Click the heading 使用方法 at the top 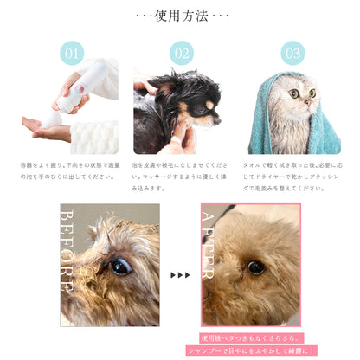click(x=181, y=16)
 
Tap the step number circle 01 click(x=72, y=54)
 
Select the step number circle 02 click(x=182, y=54)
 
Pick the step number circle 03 click(x=292, y=54)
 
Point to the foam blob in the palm click(x=53, y=119)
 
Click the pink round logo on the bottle click(x=79, y=88)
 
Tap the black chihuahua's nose click(x=217, y=121)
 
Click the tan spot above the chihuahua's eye click(x=209, y=106)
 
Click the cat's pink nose click(x=307, y=101)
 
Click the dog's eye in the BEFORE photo click(x=121, y=266)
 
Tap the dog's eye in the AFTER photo click(x=256, y=267)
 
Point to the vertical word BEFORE click(x=67, y=250)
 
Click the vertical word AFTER click(x=209, y=245)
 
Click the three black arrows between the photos click(x=180, y=275)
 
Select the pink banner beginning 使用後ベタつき click(x=251, y=338)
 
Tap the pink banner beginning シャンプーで click(x=251, y=350)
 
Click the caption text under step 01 click(x=70, y=170)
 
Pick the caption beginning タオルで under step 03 click(x=292, y=177)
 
